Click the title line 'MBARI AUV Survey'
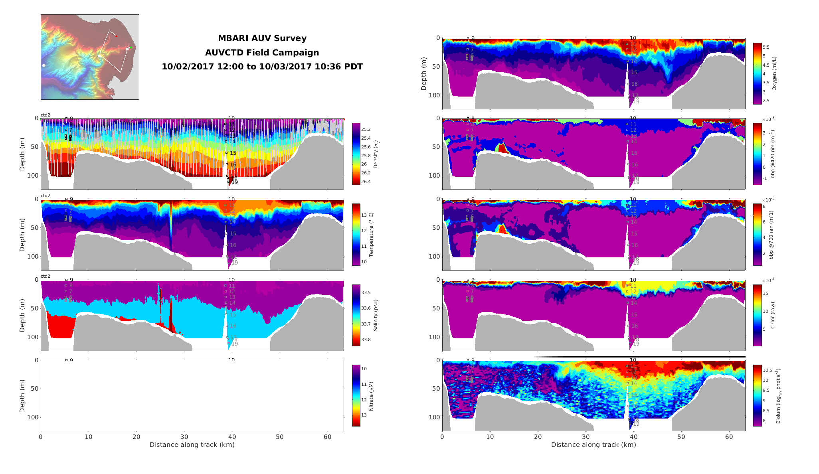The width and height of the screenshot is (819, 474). pos(262,38)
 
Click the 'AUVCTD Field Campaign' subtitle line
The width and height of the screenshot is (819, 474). pos(262,53)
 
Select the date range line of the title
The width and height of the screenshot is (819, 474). pos(262,67)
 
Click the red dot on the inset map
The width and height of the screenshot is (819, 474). pos(116,36)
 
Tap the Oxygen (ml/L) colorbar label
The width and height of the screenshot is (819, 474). pos(774,73)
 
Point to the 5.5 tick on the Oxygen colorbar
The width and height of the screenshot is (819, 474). pos(766,47)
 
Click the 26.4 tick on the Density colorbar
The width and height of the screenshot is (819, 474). pos(366,182)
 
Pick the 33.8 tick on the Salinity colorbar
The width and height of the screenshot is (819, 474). pos(366,340)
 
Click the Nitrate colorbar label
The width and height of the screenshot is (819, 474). pos(371,396)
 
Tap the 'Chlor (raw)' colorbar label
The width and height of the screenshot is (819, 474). pos(772,315)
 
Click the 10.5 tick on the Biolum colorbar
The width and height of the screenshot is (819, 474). pos(767,370)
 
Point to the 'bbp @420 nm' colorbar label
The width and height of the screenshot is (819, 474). pos(772,154)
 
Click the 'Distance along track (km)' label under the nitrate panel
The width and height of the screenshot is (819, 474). pos(192,444)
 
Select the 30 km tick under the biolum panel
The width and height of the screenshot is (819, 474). pos(586,437)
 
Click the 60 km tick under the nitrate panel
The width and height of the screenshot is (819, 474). pos(328,437)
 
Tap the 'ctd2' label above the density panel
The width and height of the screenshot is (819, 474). pos(45,115)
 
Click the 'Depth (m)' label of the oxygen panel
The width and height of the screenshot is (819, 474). pos(423,73)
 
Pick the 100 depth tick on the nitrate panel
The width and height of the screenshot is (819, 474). pos(34,417)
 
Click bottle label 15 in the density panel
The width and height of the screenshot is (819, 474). pos(233,153)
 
